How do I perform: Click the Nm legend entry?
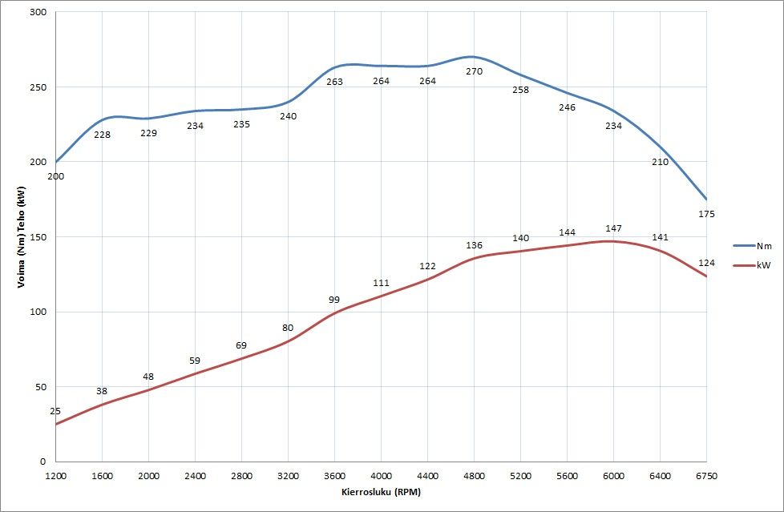[757, 246]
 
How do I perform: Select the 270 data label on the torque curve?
[474, 71]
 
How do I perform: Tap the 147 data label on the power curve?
[613, 228]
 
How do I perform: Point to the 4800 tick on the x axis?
[474, 475]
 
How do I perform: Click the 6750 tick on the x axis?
[706, 475]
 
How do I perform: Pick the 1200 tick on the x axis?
[55, 475]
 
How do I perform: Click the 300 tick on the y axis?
[38, 12]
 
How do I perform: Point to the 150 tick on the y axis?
[38, 237]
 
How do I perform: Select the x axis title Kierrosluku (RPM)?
[381, 491]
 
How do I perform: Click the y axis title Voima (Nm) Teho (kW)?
[22, 237]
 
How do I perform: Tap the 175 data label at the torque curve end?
[706, 214]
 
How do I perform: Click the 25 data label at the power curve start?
[55, 411]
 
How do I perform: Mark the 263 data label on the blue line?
[334, 82]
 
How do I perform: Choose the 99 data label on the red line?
[334, 300]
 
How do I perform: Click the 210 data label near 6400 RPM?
[660, 162]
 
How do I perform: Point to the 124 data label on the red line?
[706, 263]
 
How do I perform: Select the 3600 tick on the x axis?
[334, 475]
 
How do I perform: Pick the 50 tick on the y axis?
[40, 387]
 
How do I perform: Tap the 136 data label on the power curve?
[474, 245]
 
